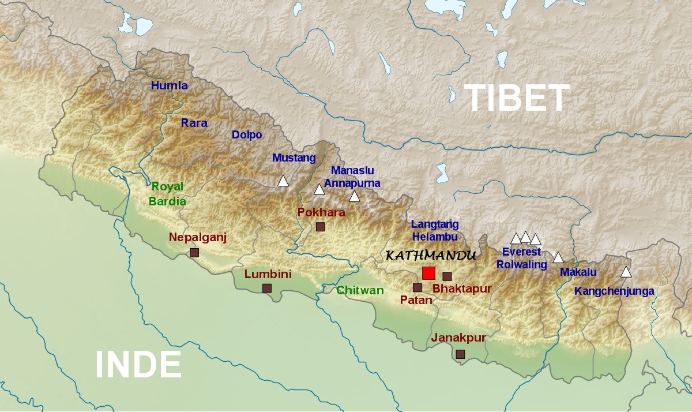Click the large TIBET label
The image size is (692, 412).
pyautogui.click(x=517, y=98)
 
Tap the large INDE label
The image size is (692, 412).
pyautogui.click(x=138, y=365)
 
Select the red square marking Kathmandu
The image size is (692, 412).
pyautogui.click(x=428, y=273)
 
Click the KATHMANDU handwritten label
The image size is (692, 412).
pyautogui.click(x=430, y=255)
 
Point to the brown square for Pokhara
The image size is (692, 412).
pyautogui.click(x=321, y=227)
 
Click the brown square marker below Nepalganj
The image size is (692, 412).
pyautogui.click(x=194, y=252)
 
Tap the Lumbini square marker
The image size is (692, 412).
pyautogui.click(x=267, y=288)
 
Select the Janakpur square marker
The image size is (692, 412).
pyautogui.click(x=460, y=354)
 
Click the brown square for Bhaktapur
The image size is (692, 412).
pyautogui.click(x=447, y=276)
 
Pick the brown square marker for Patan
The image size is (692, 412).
pyautogui.click(x=418, y=287)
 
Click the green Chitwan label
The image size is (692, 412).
pyautogui.click(x=360, y=290)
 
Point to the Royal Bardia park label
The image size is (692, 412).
pyautogui.click(x=167, y=194)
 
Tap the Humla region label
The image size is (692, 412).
pyautogui.click(x=170, y=85)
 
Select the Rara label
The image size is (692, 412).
pyautogui.click(x=194, y=122)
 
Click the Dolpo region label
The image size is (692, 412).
pyautogui.click(x=247, y=134)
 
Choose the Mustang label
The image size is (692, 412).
pyautogui.click(x=294, y=158)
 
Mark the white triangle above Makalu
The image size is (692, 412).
pyautogui.click(x=558, y=258)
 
